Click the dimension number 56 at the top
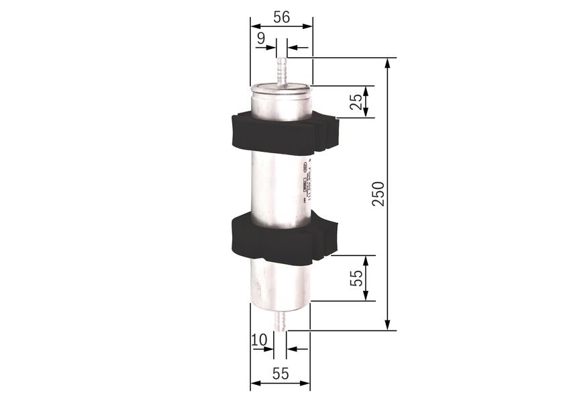coord(281,17)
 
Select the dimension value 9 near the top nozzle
coord(260,40)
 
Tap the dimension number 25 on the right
coord(356,101)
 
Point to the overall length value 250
coord(378,193)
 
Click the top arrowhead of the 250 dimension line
coord(388,62)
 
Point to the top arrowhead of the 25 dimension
coord(366,89)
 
